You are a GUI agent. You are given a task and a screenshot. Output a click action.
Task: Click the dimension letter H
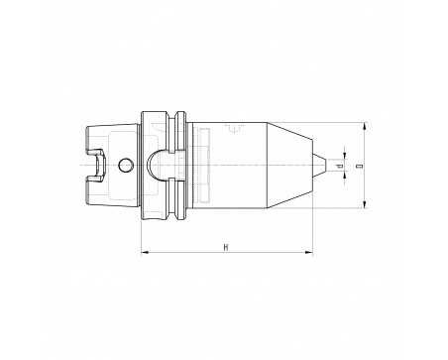(x=226, y=247)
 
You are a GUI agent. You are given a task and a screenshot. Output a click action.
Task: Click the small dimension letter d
(x=340, y=166)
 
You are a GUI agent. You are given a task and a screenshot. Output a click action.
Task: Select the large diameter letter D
(x=360, y=166)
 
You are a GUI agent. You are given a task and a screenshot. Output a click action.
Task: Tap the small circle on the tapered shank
(x=126, y=165)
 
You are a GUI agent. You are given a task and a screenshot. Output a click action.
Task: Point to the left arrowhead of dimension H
(x=145, y=253)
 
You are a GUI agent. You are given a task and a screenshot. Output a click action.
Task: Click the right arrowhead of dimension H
(x=309, y=253)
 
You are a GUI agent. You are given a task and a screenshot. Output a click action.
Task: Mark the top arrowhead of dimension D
(x=365, y=126)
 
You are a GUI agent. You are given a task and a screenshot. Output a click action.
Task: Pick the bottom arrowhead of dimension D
(x=365, y=204)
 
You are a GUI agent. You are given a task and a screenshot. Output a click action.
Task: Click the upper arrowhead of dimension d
(x=345, y=155)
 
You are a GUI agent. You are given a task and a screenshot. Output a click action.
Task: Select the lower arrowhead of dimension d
(x=345, y=176)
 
